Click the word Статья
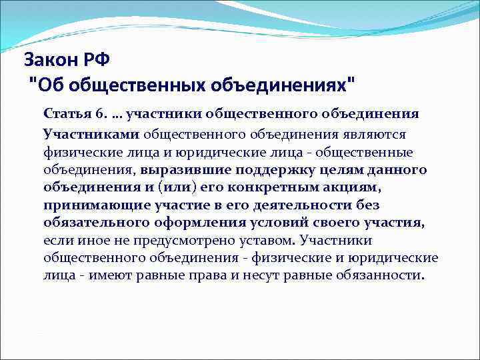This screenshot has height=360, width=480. point(65,113)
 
